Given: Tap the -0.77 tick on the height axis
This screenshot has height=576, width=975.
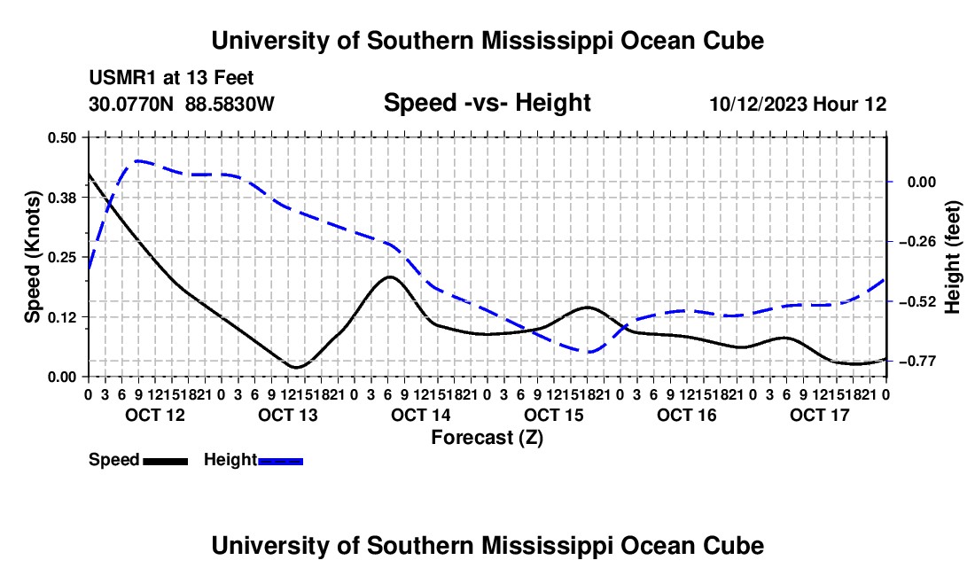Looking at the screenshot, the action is click(x=917, y=361).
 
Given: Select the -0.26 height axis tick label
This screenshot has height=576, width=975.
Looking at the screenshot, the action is click(x=917, y=242).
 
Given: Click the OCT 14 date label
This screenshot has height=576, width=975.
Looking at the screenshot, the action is click(x=421, y=415).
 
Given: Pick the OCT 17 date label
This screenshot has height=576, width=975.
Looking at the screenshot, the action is click(x=820, y=415).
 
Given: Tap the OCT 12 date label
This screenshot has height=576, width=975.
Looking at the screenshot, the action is click(x=155, y=415).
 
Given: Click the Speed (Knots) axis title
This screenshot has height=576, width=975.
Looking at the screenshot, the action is click(x=32, y=257).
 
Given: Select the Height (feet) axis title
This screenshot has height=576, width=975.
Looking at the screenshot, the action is click(x=952, y=257).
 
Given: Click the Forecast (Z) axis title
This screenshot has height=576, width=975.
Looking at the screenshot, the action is click(x=487, y=438).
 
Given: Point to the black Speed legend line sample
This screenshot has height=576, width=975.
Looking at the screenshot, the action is click(x=166, y=461).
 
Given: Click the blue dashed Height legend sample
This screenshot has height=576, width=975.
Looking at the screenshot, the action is click(x=280, y=461).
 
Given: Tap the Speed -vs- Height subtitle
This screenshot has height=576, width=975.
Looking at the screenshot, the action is click(x=487, y=103).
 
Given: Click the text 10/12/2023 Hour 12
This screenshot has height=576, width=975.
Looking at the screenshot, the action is click(x=799, y=104).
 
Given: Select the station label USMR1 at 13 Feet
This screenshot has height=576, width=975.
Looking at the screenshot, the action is click(x=171, y=78).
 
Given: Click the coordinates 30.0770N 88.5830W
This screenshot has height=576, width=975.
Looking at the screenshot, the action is click(x=182, y=104).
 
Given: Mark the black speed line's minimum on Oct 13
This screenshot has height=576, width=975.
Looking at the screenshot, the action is click(x=295, y=367).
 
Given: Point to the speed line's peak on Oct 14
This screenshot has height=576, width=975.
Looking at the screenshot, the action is click(x=390, y=276).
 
